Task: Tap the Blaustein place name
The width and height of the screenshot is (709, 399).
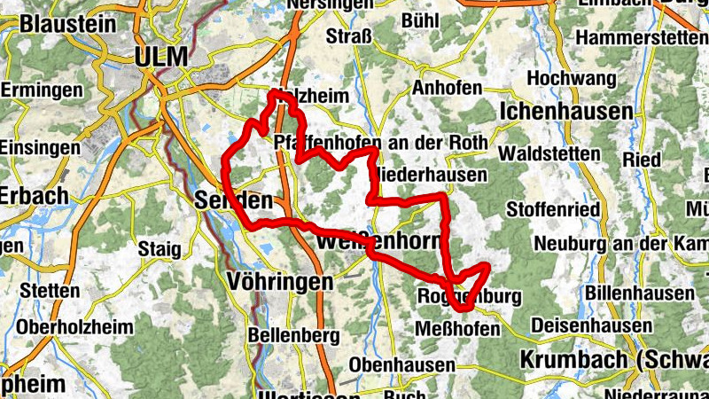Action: tap(67, 23)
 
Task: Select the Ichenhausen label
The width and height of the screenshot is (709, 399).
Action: tap(566, 112)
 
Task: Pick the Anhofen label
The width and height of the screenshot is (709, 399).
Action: tap(447, 88)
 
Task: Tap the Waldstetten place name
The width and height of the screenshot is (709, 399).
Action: tap(549, 153)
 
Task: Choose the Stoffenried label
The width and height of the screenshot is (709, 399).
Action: tap(553, 210)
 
